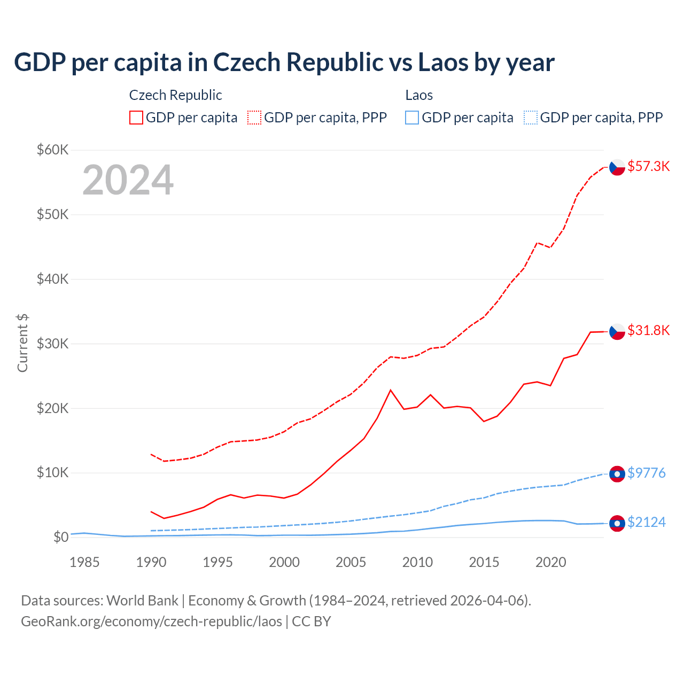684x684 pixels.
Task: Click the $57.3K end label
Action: click(x=648, y=166)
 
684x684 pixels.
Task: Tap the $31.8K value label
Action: click(x=648, y=330)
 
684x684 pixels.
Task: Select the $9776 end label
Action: click(x=646, y=473)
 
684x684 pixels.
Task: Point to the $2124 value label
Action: click(x=646, y=522)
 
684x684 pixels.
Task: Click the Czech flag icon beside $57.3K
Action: click(x=617, y=167)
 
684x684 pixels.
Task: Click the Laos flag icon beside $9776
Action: click(x=617, y=474)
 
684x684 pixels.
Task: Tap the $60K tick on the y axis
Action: click(x=52, y=150)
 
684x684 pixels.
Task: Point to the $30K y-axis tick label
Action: click(x=52, y=344)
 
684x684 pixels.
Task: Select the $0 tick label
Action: click(x=60, y=537)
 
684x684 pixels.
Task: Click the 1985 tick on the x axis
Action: click(x=84, y=562)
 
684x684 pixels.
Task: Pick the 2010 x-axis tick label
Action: click(x=417, y=562)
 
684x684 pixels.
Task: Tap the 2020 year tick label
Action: click(x=550, y=562)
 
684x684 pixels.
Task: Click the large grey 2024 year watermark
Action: click(x=128, y=180)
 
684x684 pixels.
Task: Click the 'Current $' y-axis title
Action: click(x=22, y=343)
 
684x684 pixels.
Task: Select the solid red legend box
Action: click(x=136, y=118)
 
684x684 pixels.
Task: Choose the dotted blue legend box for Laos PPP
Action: click(x=531, y=118)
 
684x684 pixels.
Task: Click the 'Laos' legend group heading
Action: click(x=419, y=95)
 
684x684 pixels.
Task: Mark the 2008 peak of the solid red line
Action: click(x=391, y=390)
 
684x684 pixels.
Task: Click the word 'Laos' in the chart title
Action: click(x=442, y=62)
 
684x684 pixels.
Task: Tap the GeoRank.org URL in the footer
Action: click(x=151, y=621)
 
